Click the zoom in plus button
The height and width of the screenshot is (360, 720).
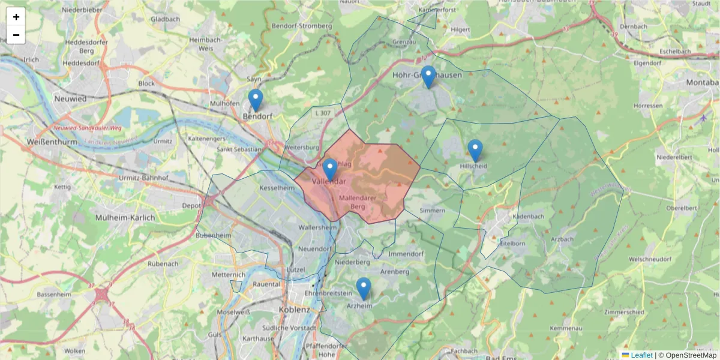pyautogui.click(x=16, y=17)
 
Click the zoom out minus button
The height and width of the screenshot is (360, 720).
pyautogui.click(x=16, y=35)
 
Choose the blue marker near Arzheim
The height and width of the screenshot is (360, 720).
pyautogui.click(x=363, y=289)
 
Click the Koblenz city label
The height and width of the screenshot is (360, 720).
pyautogui.click(x=294, y=310)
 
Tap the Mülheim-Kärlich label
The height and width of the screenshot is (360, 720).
pyautogui.click(x=125, y=218)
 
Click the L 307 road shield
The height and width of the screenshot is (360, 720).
pyautogui.click(x=322, y=113)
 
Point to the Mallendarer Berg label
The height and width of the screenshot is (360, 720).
pyautogui.click(x=358, y=202)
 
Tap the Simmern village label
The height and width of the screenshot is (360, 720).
pyautogui.click(x=433, y=211)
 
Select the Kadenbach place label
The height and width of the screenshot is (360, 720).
pyautogui.click(x=528, y=215)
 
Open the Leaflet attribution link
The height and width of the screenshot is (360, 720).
pyautogui.click(x=641, y=355)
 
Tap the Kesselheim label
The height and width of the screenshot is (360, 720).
pyautogui.click(x=277, y=188)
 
